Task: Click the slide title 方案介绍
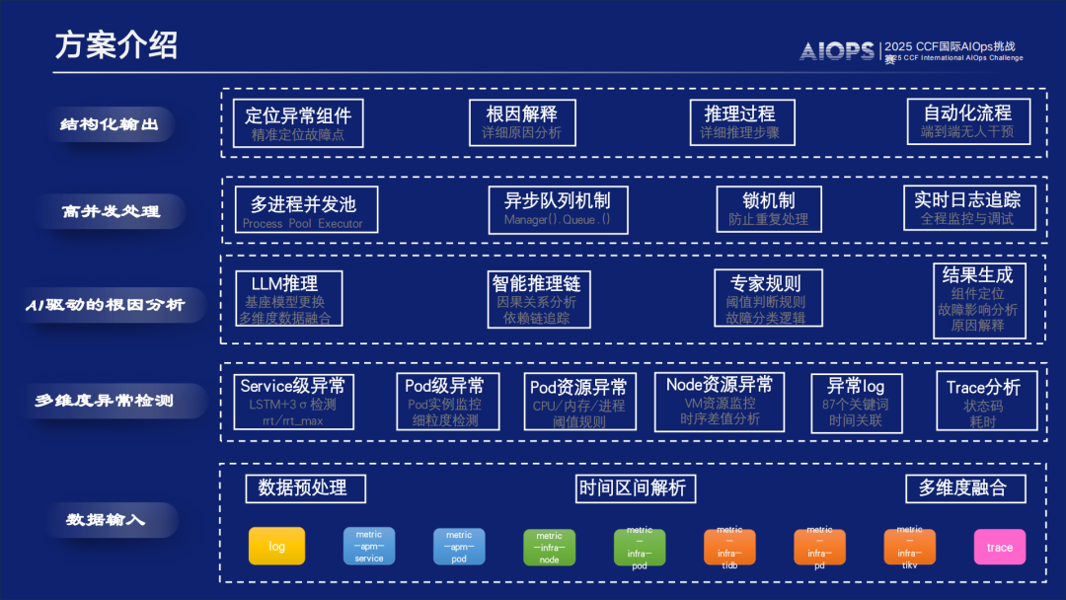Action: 115,44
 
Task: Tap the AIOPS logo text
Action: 837,51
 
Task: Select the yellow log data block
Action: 276,546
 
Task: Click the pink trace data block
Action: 999,547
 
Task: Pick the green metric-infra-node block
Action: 549,547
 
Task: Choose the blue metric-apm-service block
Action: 369,546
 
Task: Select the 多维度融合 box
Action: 962,487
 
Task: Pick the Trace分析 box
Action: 985,401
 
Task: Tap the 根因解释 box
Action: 521,122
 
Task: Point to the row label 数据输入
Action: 106,518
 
